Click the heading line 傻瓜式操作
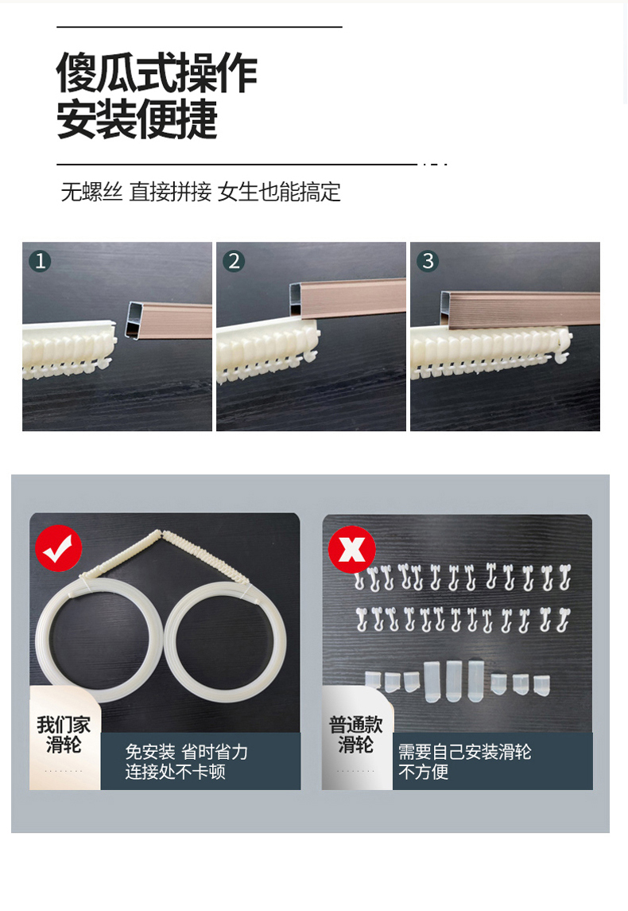coord(157,72)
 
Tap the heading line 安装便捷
coord(137,119)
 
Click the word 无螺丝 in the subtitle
coord(91,192)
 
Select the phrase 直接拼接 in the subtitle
coord(171,192)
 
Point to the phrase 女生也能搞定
coord(279,192)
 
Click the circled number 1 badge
coord(40,261)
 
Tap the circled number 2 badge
coord(234,261)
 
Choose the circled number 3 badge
coord(428,261)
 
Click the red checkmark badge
coord(59,548)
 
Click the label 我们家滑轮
coord(64,734)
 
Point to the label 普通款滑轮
coord(356,734)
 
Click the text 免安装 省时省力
coord(186,752)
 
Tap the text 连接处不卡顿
coord(175,772)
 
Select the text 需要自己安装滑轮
coord(464,752)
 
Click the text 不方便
coord(423,772)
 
